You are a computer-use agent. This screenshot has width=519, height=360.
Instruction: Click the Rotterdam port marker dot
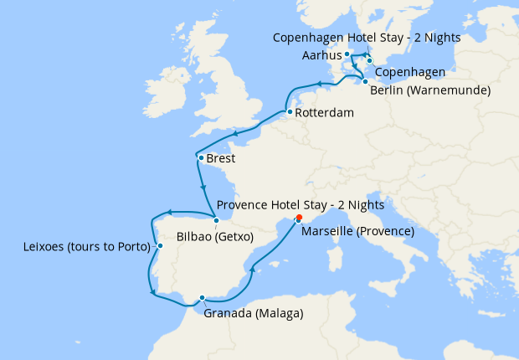pyautogui.click(x=288, y=112)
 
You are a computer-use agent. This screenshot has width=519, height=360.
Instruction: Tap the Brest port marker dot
pyautogui.click(x=200, y=157)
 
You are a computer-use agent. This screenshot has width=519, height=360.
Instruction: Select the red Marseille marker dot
pyautogui.click(x=296, y=220)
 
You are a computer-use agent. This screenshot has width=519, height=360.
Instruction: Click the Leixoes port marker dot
pyautogui.click(x=159, y=246)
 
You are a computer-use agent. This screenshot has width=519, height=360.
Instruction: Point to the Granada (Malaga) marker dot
pyautogui.click(x=202, y=297)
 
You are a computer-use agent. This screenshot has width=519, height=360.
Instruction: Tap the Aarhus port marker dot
pyautogui.click(x=347, y=54)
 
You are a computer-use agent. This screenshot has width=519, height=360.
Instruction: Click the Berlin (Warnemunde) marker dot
pyautogui.click(x=365, y=81)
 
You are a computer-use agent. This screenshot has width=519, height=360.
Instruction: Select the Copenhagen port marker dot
pyautogui.click(x=369, y=60)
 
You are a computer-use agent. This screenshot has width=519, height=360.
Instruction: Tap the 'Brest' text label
pyautogui.click(x=221, y=158)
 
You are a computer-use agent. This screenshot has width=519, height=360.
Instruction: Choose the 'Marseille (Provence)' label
pyautogui.click(x=357, y=231)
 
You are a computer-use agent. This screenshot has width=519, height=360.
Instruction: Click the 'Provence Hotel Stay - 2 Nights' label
pyautogui.click(x=300, y=205)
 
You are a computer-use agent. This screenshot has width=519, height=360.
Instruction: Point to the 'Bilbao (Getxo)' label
pyautogui.click(x=215, y=237)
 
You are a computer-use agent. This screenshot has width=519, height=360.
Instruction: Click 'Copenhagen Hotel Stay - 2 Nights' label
pyautogui.click(x=367, y=39)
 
